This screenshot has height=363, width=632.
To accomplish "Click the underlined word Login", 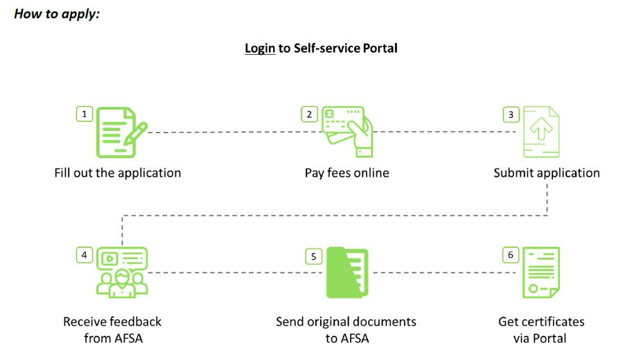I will [x=260, y=48].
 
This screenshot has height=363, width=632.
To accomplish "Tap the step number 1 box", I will [x=85, y=114].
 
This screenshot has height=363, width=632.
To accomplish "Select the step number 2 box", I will [x=309, y=114].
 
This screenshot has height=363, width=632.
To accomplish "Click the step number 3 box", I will [x=511, y=114].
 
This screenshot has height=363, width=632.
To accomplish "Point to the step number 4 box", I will [x=85, y=255].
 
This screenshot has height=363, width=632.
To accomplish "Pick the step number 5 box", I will [x=314, y=256].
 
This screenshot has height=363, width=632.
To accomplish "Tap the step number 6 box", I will [x=511, y=255].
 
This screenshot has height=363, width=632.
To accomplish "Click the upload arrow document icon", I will [x=541, y=132].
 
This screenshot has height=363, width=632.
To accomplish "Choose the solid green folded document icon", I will [x=347, y=272].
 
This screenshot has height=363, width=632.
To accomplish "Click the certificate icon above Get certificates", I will [x=541, y=272].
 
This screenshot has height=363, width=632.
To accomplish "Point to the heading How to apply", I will [x=57, y=14].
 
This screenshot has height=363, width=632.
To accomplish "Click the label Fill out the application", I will [x=118, y=173].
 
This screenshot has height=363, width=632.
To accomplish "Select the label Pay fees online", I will [x=346, y=173].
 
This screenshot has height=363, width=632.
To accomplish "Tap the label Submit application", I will [x=547, y=173].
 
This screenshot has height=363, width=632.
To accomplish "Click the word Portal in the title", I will [x=380, y=48].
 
